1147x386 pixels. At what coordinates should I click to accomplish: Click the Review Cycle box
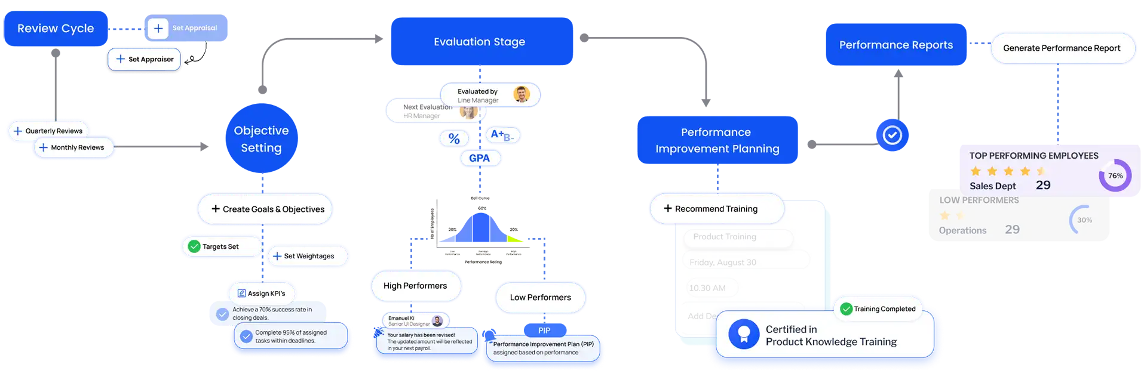[x=56, y=29]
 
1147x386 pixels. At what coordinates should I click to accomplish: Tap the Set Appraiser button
[x=145, y=60]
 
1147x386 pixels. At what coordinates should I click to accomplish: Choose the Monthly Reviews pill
[x=72, y=148]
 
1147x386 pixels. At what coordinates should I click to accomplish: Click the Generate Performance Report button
[x=1062, y=48]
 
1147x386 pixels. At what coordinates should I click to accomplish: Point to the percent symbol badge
[x=454, y=138]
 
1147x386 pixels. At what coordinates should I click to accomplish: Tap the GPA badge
[x=479, y=158]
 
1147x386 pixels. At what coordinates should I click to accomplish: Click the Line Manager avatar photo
[x=522, y=94]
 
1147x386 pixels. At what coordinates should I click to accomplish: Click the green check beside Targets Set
[x=194, y=246]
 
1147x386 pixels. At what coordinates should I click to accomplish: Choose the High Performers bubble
[x=415, y=286]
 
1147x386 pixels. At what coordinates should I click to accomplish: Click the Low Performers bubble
[x=540, y=298]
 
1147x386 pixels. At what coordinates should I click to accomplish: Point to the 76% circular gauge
[x=1115, y=176]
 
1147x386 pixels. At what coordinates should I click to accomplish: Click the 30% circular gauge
[x=1084, y=220]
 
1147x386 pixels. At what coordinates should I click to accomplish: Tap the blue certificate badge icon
[x=744, y=334]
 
